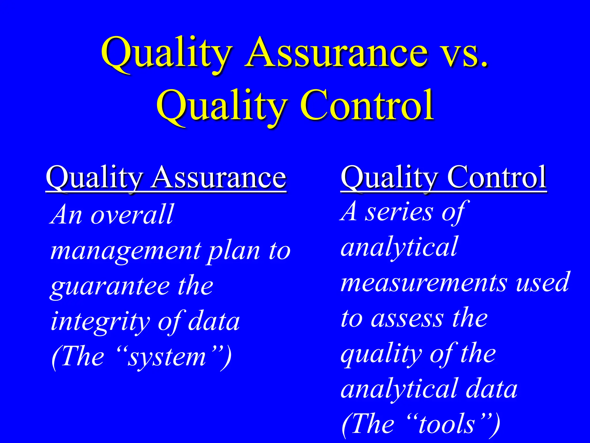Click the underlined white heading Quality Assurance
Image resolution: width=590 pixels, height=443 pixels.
tap(166, 177)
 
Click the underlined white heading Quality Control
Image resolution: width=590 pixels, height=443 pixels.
tap(443, 177)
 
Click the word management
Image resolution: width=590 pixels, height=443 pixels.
tap(126, 251)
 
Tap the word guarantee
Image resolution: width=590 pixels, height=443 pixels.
tap(109, 287)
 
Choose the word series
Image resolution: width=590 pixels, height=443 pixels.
tap(399, 212)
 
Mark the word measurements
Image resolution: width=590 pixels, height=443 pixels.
tap(423, 283)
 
